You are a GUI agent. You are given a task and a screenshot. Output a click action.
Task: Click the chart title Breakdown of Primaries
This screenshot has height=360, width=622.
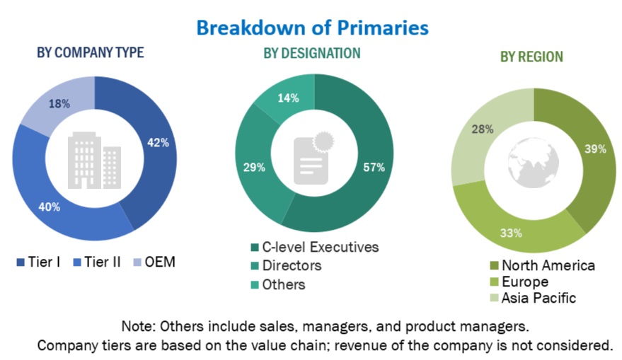click(x=312, y=27)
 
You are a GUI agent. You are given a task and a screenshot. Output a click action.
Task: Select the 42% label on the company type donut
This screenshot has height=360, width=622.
click(x=159, y=142)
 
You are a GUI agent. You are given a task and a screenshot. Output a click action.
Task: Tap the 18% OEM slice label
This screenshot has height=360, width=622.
click(x=59, y=104)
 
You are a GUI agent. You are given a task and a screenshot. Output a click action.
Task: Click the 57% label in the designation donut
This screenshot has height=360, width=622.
click(x=374, y=168)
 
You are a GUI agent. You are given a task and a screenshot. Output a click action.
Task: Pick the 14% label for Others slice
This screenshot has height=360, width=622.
click(x=287, y=98)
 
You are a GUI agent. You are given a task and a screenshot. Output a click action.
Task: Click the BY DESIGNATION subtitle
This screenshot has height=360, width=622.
click(x=311, y=53)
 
